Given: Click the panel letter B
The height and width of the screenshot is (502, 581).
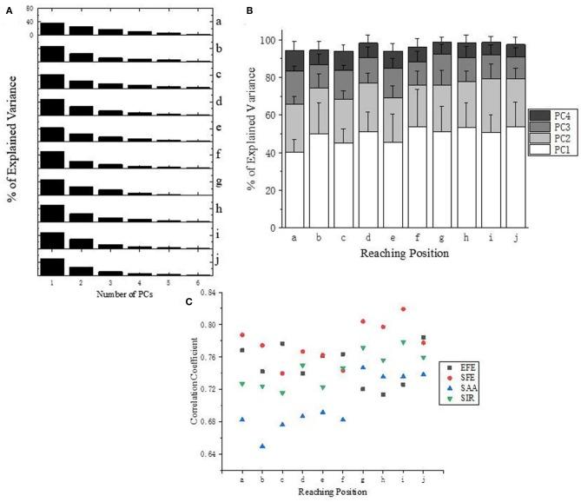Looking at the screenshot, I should click(250, 10).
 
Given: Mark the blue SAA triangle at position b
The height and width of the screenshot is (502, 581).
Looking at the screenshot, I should click(262, 446).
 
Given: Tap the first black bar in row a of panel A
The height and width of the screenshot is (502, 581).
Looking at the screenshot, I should click(52, 29).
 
